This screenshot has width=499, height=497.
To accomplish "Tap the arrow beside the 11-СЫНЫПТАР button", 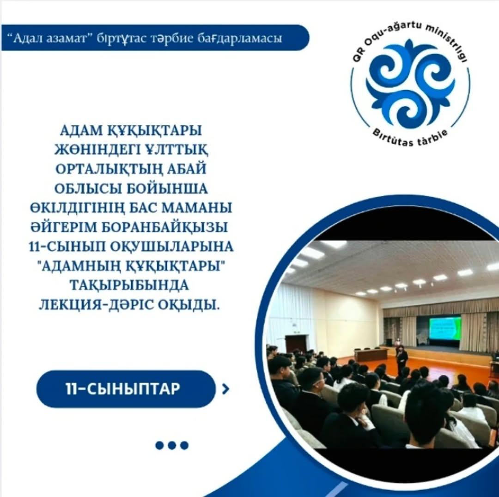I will [x=225, y=389].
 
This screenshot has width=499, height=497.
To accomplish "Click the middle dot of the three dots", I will [x=172, y=445].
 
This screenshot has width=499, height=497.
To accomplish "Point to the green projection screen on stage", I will [x=445, y=328].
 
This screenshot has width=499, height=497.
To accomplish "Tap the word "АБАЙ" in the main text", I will [x=189, y=169].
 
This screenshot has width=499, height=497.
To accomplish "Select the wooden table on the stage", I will [x=371, y=354].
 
